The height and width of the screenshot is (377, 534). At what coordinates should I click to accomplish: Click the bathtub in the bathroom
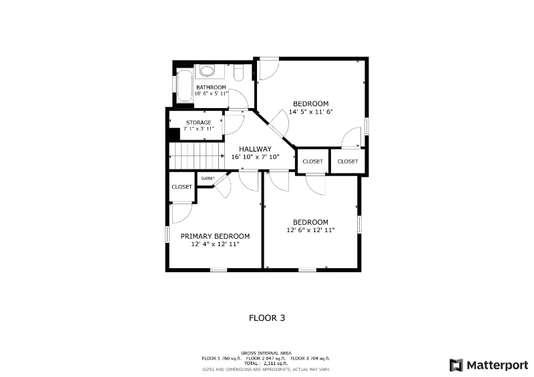click(x=184, y=86)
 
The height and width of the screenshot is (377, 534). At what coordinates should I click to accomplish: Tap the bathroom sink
click(x=208, y=70)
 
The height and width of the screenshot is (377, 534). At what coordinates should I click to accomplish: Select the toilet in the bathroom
click(x=239, y=72)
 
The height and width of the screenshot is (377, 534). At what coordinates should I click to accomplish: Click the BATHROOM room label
click(x=211, y=87)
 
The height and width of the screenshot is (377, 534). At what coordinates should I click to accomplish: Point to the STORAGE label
click(x=199, y=122)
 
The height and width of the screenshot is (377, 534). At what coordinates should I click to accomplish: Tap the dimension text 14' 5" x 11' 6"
click(x=311, y=112)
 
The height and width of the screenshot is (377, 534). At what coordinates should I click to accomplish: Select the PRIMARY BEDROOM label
click(x=215, y=236)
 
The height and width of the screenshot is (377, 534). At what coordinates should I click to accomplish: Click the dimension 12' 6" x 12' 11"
click(x=310, y=230)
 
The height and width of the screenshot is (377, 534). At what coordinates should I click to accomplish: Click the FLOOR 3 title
click(x=267, y=318)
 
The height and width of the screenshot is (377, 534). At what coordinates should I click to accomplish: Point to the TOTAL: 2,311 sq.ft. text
click(x=267, y=363)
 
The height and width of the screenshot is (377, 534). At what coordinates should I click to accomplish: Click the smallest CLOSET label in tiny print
click(x=208, y=178)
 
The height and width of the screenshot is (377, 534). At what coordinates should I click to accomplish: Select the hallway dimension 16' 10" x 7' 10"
click(x=254, y=157)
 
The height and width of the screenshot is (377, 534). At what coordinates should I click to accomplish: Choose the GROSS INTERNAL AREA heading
click(x=267, y=353)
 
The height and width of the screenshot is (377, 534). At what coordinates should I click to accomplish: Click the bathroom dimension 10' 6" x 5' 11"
click(x=211, y=94)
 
